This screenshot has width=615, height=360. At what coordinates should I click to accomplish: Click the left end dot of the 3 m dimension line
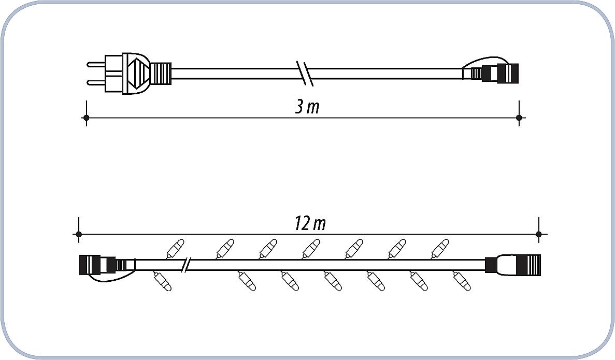(87, 118)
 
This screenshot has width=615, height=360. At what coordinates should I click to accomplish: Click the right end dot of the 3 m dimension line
(519, 118)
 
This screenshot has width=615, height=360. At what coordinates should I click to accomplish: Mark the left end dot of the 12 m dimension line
(79, 235)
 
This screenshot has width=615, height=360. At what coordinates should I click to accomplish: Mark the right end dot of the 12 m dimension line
(538, 235)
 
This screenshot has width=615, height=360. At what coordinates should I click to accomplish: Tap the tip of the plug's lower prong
(88, 82)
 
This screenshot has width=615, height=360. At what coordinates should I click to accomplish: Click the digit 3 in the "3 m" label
(299, 107)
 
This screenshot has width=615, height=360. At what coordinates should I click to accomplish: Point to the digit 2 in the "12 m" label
(305, 224)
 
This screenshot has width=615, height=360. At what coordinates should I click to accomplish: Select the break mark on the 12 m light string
(187, 265)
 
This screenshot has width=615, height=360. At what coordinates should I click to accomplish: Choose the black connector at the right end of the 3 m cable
(500, 74)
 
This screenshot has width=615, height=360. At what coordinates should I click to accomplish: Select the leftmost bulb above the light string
(175, 248)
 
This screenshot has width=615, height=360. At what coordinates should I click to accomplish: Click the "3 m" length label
(308, 107)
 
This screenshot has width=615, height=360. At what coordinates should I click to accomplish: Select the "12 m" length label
(310, 224)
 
